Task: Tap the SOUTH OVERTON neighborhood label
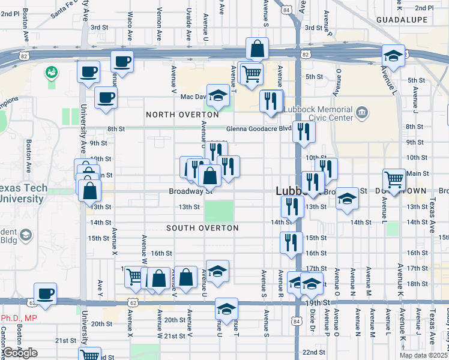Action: [202, 228]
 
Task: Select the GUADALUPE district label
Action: [402, 20]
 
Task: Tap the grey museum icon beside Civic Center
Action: [361, 112]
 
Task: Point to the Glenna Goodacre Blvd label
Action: [259, 128]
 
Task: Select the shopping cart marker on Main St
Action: [394, 179]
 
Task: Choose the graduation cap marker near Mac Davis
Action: [218, 95]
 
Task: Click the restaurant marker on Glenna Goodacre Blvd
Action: [304, 131]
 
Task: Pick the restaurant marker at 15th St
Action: [291, 242]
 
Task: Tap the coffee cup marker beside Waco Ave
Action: [122, 61]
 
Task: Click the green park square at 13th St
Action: [220, 212]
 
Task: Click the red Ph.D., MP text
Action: [18, 318]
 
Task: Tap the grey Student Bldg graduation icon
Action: [26, 234]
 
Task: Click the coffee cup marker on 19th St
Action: [45, 293]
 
